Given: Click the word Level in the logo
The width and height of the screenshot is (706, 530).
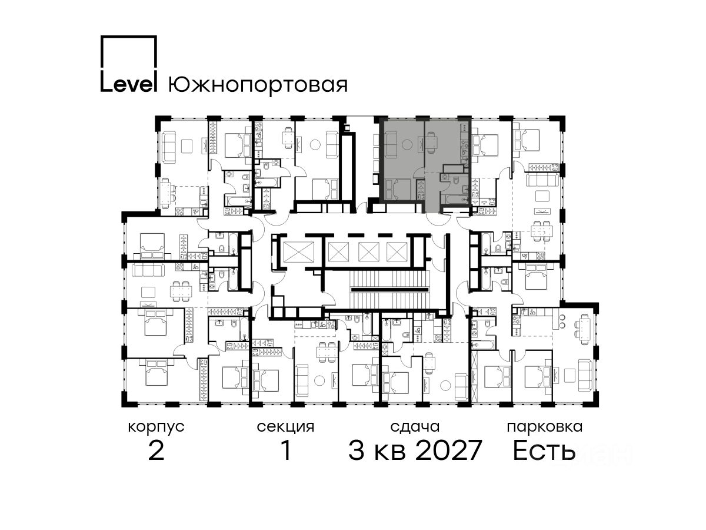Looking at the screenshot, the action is (x=128, y=84).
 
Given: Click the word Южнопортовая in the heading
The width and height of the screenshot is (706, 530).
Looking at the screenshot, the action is (x=258, y=85).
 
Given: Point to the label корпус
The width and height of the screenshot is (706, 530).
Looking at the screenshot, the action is (x=156, y=428).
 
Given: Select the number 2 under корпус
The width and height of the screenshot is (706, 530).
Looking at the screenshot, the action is (x=156, y=450).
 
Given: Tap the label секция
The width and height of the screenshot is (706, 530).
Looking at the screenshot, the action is (x=285, y=428).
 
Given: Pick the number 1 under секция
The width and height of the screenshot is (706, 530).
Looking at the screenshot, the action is (x=286, y=450).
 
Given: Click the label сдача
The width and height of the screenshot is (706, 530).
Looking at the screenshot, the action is (x=415, y=428).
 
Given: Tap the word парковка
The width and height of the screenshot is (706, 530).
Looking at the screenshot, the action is (x=545, y=428).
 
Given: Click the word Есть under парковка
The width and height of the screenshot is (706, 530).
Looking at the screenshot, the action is (x=544, y=450).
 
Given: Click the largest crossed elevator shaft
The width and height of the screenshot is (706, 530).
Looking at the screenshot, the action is (x=298, y=251).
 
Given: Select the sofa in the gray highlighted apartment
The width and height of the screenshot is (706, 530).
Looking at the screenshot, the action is (x=390, y=143).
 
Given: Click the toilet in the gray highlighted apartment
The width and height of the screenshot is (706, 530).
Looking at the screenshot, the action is (x=456, y=181).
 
